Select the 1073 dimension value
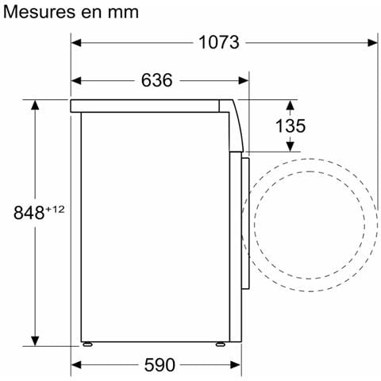217,43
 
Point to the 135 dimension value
291,126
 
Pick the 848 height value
29,213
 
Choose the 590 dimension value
158,364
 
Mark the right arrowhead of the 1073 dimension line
372,43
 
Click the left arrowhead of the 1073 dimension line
78,43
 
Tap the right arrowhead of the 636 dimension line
244,80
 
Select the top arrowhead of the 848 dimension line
36,105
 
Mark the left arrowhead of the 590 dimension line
78,364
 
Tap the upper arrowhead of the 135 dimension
291,106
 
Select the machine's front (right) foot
219,345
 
